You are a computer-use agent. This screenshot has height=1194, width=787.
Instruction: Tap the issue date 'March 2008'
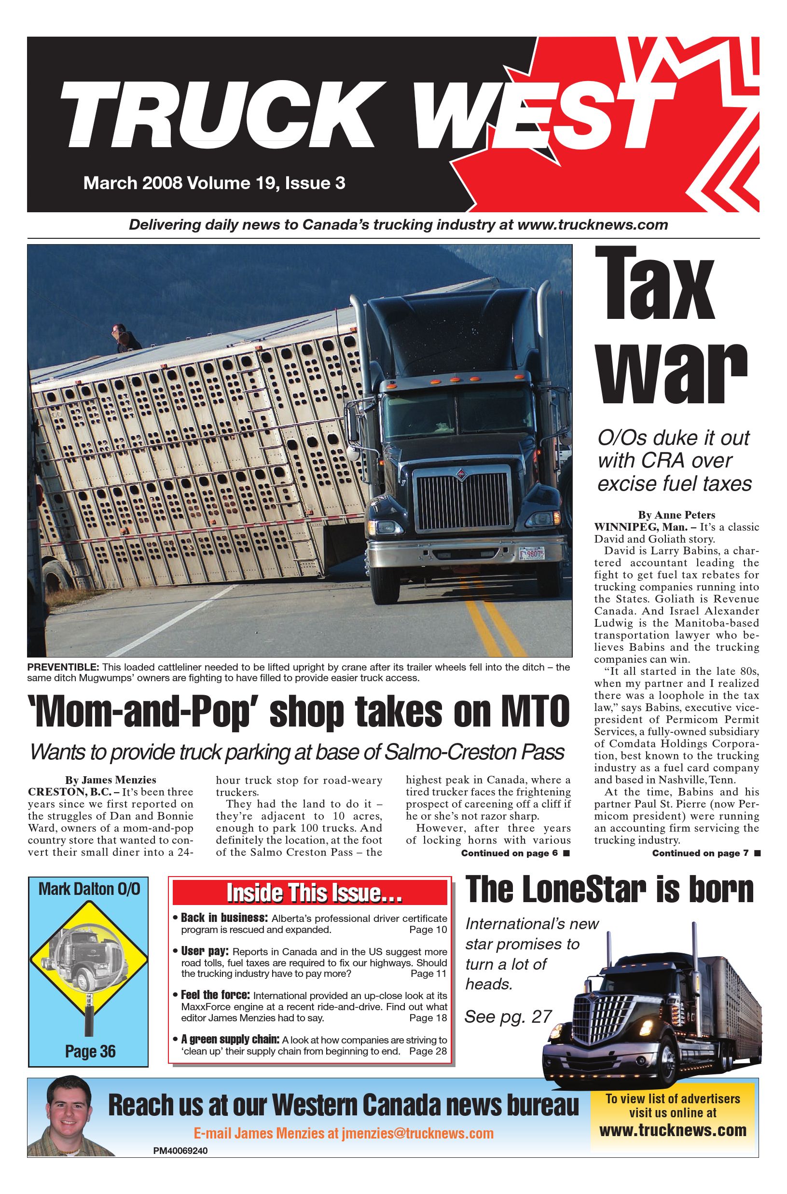click(x=133, y=183)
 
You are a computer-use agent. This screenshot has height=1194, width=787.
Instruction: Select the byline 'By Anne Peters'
click(x=676, y=515)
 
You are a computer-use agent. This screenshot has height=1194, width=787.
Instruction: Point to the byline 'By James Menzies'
click(x=110, y=780)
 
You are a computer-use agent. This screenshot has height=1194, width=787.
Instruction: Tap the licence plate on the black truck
click(x=532, y=552)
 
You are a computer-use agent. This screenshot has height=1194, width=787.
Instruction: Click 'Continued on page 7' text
click(x=701, y=853)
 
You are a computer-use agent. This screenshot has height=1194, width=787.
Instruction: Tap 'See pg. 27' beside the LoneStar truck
click(x=508, y=1016)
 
